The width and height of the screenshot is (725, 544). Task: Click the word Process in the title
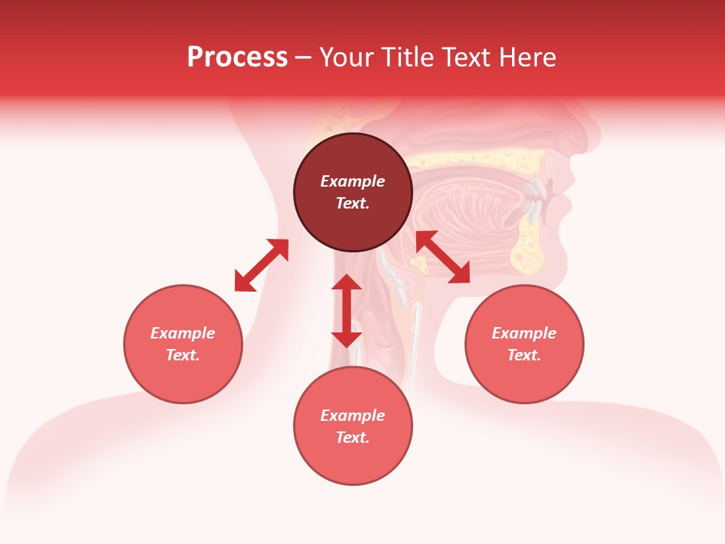(x=237, y=57)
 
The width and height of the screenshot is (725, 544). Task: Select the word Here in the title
(x=527, y=57)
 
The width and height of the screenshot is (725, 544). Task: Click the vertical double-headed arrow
(x=347, y=311)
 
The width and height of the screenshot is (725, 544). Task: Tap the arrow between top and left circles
(x=261, y=265)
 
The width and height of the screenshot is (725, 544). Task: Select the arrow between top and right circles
(x=443, y=257)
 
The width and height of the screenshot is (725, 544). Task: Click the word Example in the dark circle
(x=353, y=181)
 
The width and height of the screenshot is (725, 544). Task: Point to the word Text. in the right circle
(x=524, y=355)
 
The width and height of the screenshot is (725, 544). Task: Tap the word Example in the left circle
(x=183, y=333)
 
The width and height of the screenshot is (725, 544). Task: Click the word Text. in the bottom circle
(x=353, y=437)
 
